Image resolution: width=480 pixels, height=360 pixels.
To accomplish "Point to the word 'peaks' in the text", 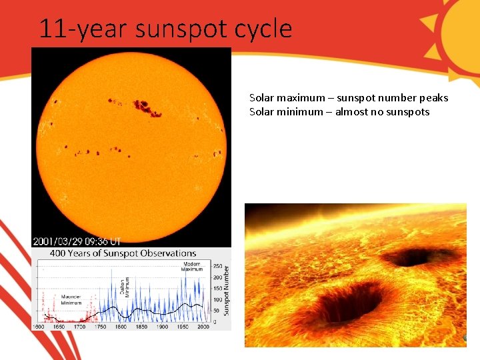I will (433, 98).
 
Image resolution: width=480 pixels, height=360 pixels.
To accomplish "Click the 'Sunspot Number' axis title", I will (226, 291).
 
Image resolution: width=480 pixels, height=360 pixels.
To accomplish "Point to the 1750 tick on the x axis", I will (99, 327).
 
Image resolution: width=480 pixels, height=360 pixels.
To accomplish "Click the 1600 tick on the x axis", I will (39, 327).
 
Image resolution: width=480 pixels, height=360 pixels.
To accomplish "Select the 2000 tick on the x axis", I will (203, 327).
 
